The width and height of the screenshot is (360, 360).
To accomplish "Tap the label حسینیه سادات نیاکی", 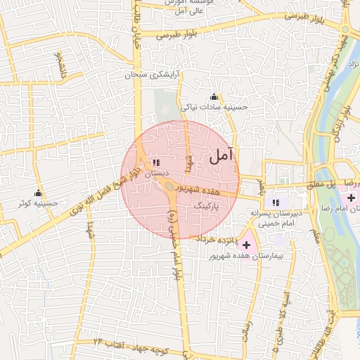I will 212,108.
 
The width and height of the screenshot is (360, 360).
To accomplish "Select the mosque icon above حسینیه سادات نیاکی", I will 214,96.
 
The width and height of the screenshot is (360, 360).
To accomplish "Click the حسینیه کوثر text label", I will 39,205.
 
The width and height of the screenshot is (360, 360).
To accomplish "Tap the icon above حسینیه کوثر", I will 39,193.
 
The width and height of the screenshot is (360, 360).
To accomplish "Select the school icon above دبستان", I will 155,162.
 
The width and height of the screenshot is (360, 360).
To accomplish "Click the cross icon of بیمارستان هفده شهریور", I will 246,244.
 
